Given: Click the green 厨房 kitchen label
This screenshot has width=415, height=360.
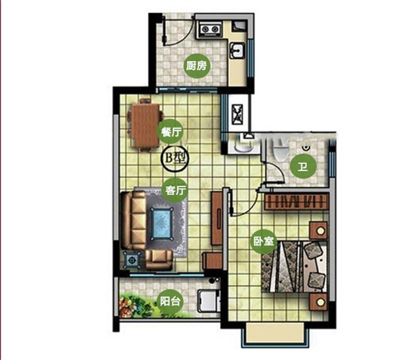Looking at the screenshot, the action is [x=196, y=65].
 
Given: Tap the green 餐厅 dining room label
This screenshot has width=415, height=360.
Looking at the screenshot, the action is [x=172, y=132].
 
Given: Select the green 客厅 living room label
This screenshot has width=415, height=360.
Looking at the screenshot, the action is [x=175, y=190].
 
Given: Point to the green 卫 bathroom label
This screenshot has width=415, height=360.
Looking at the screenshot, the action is [x=303, y=167].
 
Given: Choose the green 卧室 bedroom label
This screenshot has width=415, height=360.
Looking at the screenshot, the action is [x=263, y=241].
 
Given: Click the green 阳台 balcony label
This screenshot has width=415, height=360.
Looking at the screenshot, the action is [x=170, y=301].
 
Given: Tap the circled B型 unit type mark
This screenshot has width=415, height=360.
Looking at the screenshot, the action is [x=175, y=158].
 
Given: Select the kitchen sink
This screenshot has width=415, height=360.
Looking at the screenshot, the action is [x=238, y=50].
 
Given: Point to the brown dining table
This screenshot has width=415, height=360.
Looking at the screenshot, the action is [x=146, y=126].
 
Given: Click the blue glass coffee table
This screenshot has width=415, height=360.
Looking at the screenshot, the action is [x=162, y=223].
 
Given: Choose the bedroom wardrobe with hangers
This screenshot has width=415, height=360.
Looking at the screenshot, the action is [x=297, y=201].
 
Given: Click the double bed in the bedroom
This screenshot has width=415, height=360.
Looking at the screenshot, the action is [x=294, y=267].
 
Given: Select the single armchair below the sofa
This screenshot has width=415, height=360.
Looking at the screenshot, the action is [x=159, y=259].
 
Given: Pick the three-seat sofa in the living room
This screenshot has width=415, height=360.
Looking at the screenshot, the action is [x=134, y=220].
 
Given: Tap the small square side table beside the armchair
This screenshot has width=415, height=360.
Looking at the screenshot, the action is [x=132, y=260].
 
